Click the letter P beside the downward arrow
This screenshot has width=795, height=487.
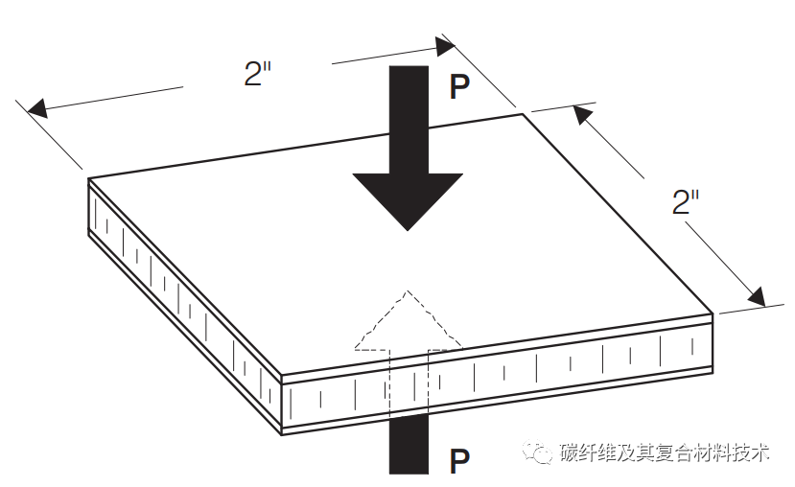point(460,88)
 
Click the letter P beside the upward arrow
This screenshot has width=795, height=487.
point(460,463)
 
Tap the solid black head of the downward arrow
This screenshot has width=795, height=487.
point(408,197)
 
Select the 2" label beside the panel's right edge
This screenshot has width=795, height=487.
point(686,203)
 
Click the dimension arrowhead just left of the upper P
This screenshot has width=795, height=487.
point(444,44)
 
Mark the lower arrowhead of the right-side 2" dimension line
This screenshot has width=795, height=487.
point(759,298)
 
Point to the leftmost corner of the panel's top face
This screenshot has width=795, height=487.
point(89,177)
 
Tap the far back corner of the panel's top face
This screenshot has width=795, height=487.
point(524,114)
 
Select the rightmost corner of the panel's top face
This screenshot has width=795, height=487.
point(713,312)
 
